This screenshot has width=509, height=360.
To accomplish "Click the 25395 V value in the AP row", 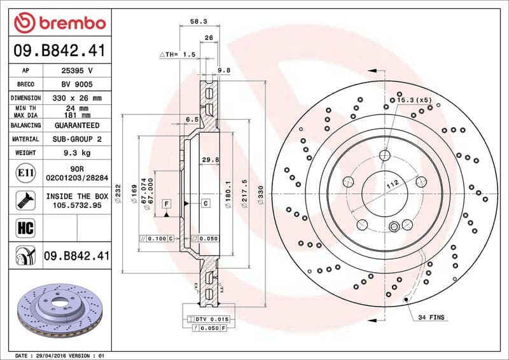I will (x=77, y=70).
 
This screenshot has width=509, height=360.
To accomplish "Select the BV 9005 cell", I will (x=77, y=84).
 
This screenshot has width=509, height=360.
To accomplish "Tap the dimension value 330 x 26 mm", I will (x=77, y=98).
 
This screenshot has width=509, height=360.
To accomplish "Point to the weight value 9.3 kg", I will (x=77, y=153).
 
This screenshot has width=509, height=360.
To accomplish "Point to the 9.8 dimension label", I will (x=223, y=70).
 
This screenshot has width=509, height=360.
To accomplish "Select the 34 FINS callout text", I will (x=431, y=317).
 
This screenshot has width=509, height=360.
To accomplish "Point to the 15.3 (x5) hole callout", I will (x=414, y=100).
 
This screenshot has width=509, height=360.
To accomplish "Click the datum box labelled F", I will (x=167, y=204).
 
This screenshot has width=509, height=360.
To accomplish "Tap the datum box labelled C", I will (x=206, y=204).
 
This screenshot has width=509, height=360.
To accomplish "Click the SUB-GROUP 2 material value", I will (x=77, y=139).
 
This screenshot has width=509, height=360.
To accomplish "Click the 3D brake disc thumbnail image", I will (x=57, y=311).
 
